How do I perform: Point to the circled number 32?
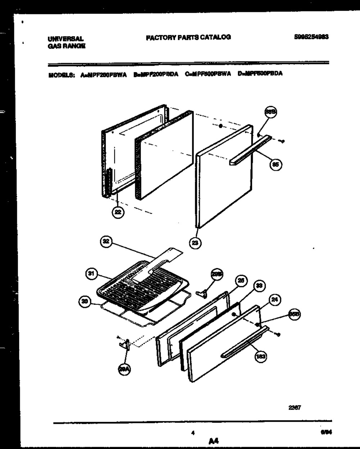click(x=106, y=242)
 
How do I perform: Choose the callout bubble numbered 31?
click(x=91, y=274)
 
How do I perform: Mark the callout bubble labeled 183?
click(x=261, y=357)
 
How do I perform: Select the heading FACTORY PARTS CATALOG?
click(x=188, y=37)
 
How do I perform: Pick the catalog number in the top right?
click(x=311, y=37)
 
